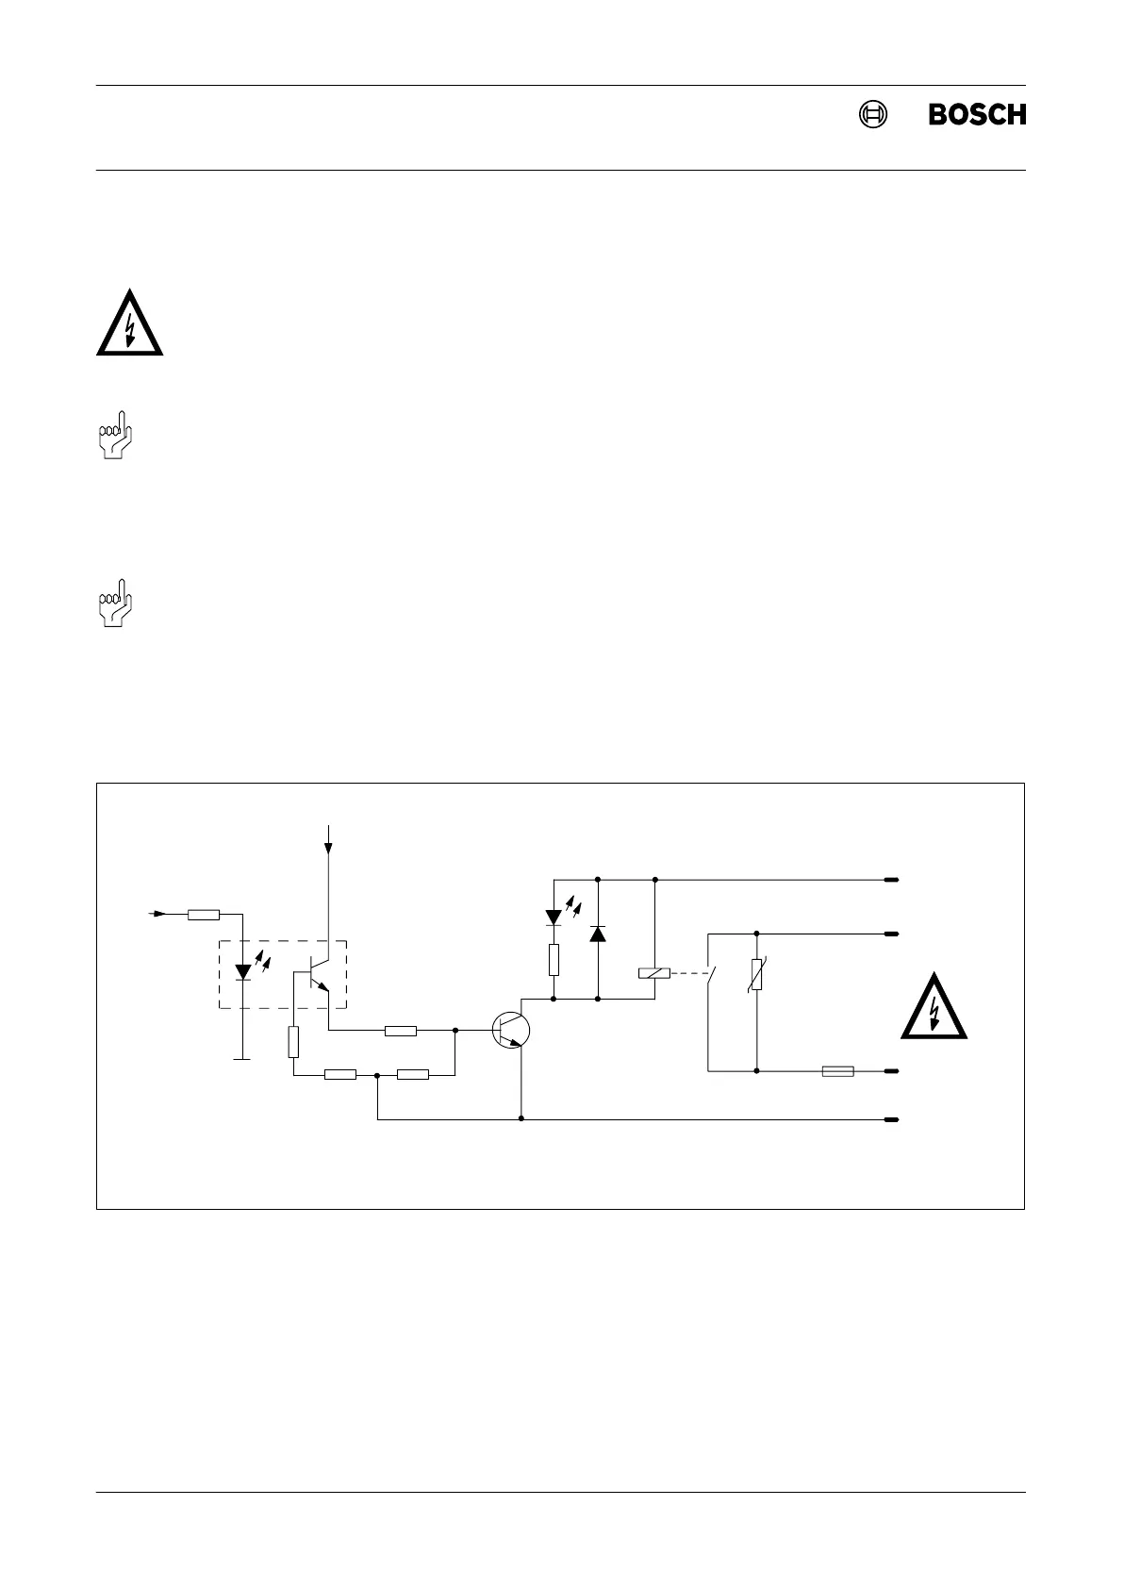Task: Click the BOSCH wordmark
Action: [977, 114]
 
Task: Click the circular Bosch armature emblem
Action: [873, 114]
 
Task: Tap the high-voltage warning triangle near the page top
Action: [129, 323]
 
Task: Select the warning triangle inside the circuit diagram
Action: [934, 1007]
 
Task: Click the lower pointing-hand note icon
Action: [115, 604]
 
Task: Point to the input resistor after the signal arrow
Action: [204, 914]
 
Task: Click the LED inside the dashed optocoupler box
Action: [243, 970]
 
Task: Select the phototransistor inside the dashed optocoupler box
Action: [318, 975]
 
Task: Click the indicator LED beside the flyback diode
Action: [554, 917]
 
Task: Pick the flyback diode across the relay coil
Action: [598, 934]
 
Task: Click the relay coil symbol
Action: [654, 974]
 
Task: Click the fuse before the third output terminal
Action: [838, 1071]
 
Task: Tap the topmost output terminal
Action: [891, 880]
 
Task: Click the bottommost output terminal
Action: [891, 1120]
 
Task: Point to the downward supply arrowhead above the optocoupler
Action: [327, 848]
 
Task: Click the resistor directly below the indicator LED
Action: [554, 961]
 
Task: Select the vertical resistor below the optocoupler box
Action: [294, 1042]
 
